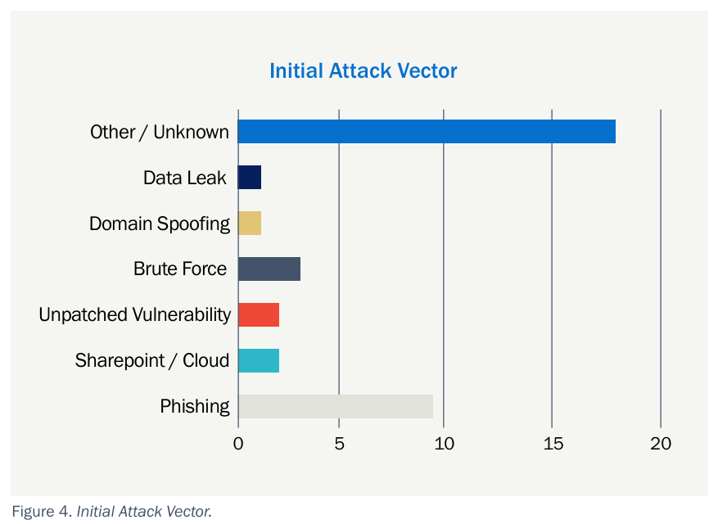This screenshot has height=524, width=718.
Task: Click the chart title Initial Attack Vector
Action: click(x=363, y=71)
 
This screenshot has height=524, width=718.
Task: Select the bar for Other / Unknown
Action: click(x=426, y=132)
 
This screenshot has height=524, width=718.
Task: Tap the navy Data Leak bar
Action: click(x=250, y=178)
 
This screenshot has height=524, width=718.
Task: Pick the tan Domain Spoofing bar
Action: click(x=250, y=224)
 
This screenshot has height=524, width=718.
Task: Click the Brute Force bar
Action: click(x=269, y=269)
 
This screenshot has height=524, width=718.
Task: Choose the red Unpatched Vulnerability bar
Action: click(x=259, y=315)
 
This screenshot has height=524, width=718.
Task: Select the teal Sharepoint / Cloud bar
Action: click(x=259, y=361)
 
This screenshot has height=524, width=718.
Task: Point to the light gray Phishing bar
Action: click(x=336, y=407)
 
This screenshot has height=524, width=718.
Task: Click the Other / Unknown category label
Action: click(x=160, y=132)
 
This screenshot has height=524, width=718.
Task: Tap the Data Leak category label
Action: click(x=185, y=178)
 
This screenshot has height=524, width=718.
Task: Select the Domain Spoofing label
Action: click(x=160, y=224)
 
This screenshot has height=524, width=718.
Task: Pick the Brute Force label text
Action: click(x=180, y=269)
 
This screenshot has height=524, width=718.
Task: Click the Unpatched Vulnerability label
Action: click(x=135, y=315)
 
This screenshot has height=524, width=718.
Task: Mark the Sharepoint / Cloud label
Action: click(x=153, y=361)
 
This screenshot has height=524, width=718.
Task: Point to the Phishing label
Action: click(x=195, y=407)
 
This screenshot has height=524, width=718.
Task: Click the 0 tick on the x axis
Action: click(x=238, y=445)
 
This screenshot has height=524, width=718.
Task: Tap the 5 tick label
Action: click(x=339, y=445)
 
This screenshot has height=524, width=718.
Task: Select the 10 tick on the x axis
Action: click(x=444, y=445)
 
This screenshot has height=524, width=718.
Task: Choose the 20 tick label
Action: click(x=660, y=445)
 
